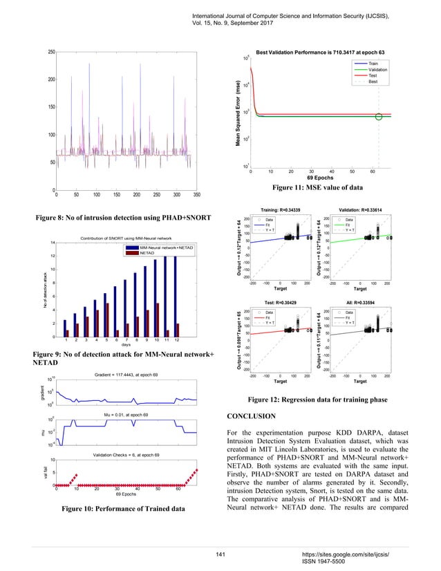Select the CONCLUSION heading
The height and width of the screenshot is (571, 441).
[256, 415]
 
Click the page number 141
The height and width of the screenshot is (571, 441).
[222, 554]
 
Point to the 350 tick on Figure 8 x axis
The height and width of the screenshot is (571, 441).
[197, 195]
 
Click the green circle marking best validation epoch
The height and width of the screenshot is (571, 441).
[378, 116]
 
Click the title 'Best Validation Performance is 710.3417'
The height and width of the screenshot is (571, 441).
[320, 53]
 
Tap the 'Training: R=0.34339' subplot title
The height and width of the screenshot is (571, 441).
[279, 209]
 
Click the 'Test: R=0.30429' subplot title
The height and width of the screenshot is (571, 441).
[279, 303]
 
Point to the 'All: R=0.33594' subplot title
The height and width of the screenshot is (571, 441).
[359, 303]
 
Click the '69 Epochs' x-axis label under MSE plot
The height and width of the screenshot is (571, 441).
[319, 178]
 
